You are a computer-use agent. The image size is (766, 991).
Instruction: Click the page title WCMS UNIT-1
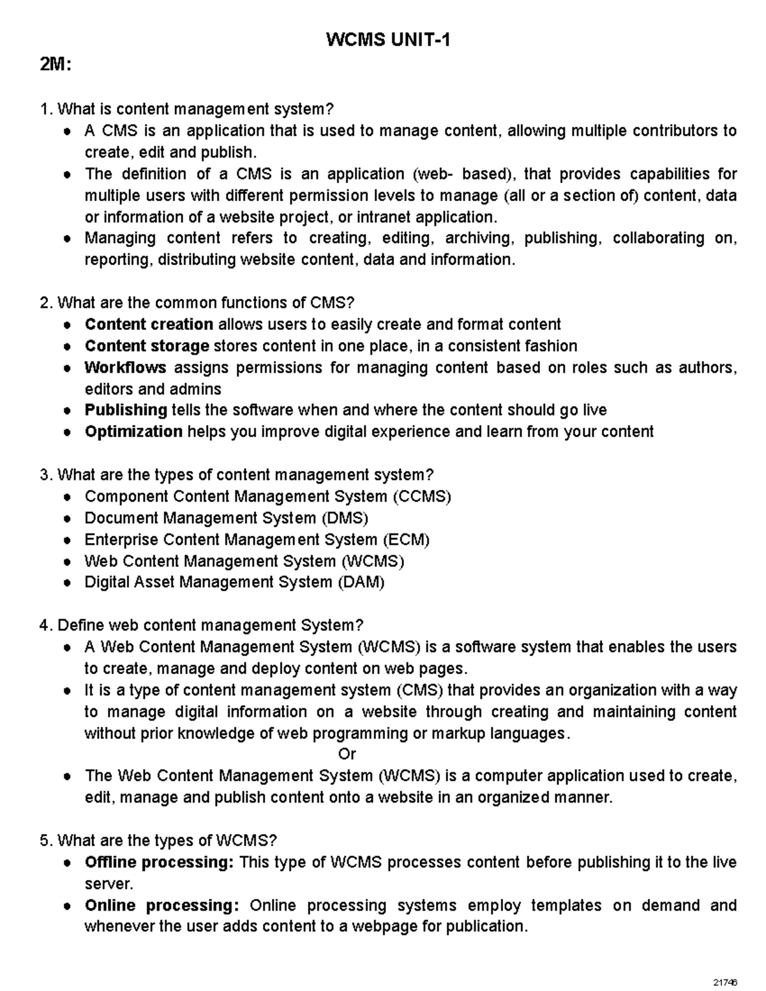pyautogui.click(x=388, y=41)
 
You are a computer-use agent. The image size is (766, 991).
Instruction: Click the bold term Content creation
pyautogui.click(x=149, y=324)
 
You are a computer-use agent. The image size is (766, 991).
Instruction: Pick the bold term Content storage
pyautogui.click(x=147, y=346)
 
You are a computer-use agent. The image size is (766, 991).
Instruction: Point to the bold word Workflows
pyautogui.click(x=125, y=368)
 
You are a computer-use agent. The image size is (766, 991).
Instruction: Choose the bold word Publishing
pyautogui.click(x=126, y=410)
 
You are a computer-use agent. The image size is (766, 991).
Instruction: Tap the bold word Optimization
pyautogui.click(x=133, y=431)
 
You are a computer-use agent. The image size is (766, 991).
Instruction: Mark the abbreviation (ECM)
pyautogui.click(x=406, y=540)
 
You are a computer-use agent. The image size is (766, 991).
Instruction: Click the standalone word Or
pyautogui.click(x=347, y=754)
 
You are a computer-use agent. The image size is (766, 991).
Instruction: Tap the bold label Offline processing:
pyautogui.click(x=160, y=862)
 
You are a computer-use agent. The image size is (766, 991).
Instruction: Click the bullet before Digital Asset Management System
pyautogui.click(x=68, y=583)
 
